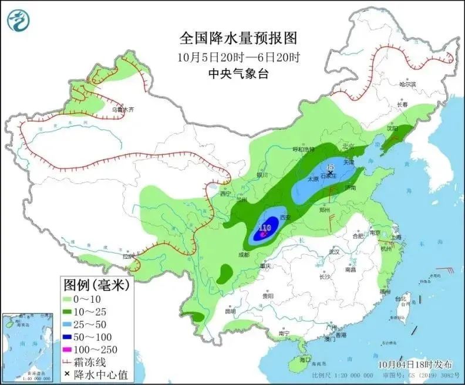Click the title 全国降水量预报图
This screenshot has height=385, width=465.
click(x=238, y=39)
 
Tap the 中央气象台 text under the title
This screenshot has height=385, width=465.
click(x=238, y=74)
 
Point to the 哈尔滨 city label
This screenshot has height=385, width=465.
click(x=407, y=85)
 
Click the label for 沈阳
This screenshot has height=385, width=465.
click(x=391, y=127)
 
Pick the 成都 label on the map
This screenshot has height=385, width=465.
click(x=242, y=255)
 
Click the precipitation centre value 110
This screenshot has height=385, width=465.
click(x=265, y=227)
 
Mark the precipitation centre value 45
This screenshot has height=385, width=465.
click(x=330, y=167)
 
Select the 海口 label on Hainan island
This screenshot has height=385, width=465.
click(x=304, y=359)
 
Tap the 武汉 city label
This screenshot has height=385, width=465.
click(x=335, y=251)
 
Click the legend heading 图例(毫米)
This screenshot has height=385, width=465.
click(x=96, y=286)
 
